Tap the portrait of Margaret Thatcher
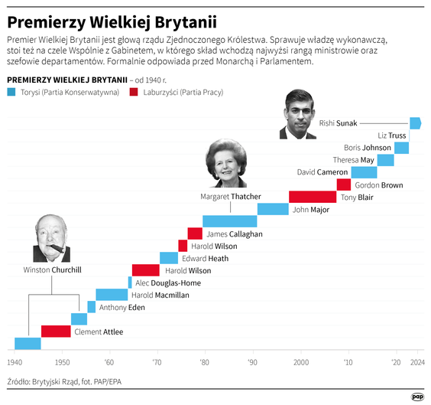[226, 162]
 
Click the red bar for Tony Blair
[312, 197]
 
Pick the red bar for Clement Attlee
[56, 332]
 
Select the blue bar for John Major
[272, 209]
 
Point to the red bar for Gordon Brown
[343, 185]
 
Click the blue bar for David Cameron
[363, 172]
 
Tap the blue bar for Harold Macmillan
[112, 295]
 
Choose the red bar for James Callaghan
[195, 234]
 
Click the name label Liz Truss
[391, 136]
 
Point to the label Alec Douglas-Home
[168, 283]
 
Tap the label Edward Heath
[204, 258]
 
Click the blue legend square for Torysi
[11, 92]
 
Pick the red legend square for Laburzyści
[134, 92]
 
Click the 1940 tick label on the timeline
[15, 361]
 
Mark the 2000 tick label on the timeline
[300, 361]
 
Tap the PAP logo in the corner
[417, 395]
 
